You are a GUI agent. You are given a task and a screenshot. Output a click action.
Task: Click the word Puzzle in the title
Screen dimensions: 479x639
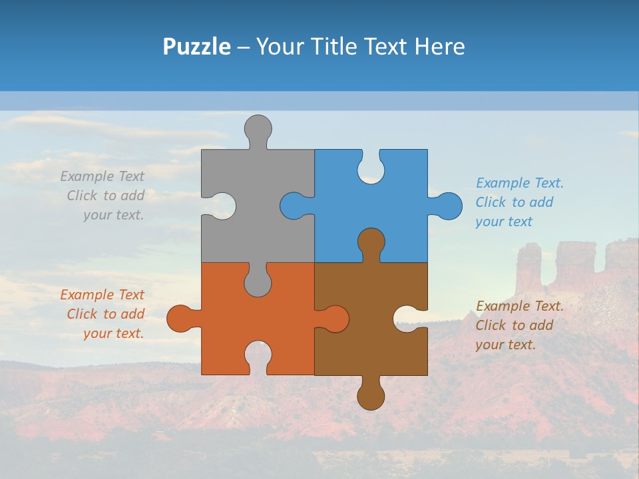196,47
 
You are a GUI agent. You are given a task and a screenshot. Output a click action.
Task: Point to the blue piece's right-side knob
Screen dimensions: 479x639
449,206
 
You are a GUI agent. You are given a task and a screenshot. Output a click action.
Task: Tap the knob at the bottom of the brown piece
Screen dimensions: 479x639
371,396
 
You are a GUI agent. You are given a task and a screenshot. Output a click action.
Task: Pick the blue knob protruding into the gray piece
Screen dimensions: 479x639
294,206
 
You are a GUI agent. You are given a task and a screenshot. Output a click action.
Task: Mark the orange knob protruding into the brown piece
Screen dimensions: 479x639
335,318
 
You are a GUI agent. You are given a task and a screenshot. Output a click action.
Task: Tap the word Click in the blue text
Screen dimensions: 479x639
491,202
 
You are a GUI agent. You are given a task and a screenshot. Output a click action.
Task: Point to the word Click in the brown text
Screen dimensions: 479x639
491,325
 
